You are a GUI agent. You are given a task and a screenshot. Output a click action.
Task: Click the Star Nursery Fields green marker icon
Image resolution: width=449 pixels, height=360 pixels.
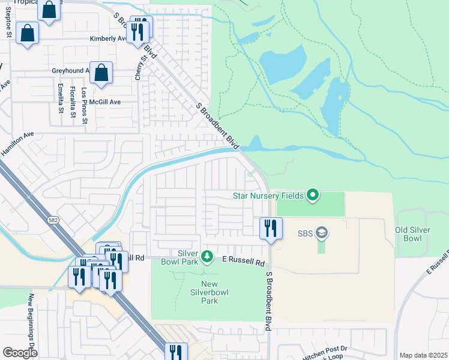coord(312,194)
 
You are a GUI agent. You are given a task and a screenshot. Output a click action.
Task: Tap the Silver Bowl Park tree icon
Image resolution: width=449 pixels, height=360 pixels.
coord(207,257)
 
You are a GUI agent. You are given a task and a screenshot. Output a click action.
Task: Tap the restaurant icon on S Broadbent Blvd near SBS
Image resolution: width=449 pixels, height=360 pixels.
coord(271,228)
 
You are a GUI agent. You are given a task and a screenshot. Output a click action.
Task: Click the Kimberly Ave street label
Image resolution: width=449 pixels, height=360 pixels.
coord(107,38)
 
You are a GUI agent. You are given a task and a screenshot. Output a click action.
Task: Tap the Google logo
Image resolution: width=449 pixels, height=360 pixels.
coord(20,353)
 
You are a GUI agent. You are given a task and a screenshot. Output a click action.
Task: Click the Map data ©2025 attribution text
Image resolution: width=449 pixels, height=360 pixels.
coord(423,355)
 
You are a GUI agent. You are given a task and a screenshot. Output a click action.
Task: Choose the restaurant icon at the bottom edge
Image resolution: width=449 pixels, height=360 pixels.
coord(176,352)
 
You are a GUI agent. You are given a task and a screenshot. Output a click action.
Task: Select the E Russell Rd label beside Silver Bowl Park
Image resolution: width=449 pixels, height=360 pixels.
coord(243,263)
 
